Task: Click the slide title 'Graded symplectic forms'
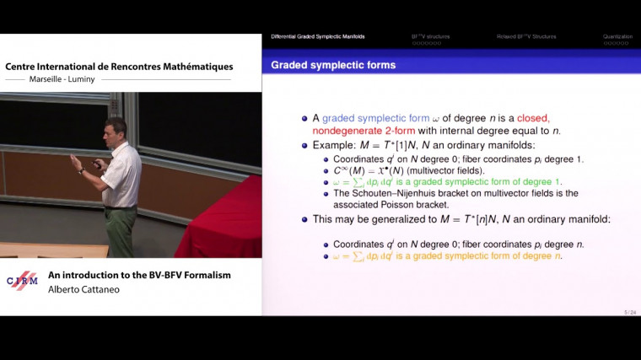coord(333,65)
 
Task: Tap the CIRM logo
coord(22,281)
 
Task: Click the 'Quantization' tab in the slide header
coord(617,36)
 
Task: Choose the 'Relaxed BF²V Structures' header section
coord(525,36)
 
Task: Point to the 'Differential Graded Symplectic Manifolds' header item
coord(318,36)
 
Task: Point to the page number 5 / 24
coord(629,312)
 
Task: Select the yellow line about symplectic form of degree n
coord(447,255)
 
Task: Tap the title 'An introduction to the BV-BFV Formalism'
coord(139,275)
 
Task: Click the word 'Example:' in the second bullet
coord(333,145)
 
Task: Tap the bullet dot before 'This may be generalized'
coord(305,219)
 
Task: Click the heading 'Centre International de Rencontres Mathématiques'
coord(119,67)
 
